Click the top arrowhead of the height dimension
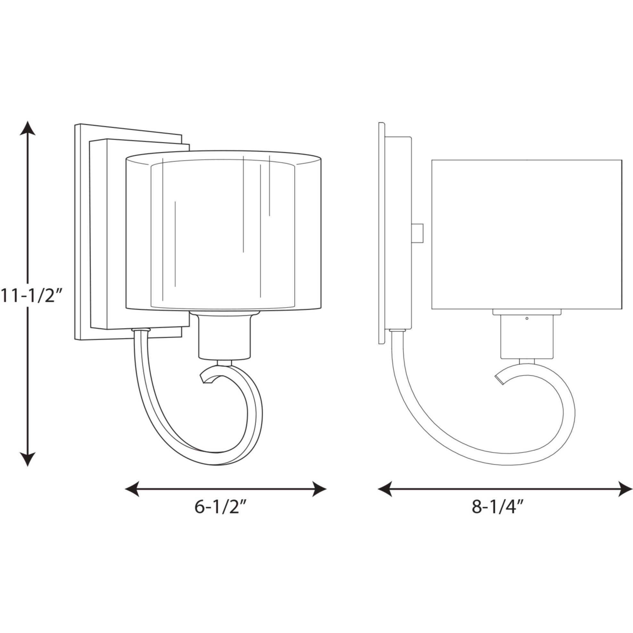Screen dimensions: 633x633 [28, 128]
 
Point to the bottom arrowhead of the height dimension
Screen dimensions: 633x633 [28, 458]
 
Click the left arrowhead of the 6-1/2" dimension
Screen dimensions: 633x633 [132, 489]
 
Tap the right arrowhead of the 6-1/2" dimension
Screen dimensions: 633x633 [319, 489]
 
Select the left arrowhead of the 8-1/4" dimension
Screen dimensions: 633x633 [385, 489]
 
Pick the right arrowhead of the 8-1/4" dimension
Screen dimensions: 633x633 [625, 489]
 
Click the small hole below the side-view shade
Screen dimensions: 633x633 [527, 318]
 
